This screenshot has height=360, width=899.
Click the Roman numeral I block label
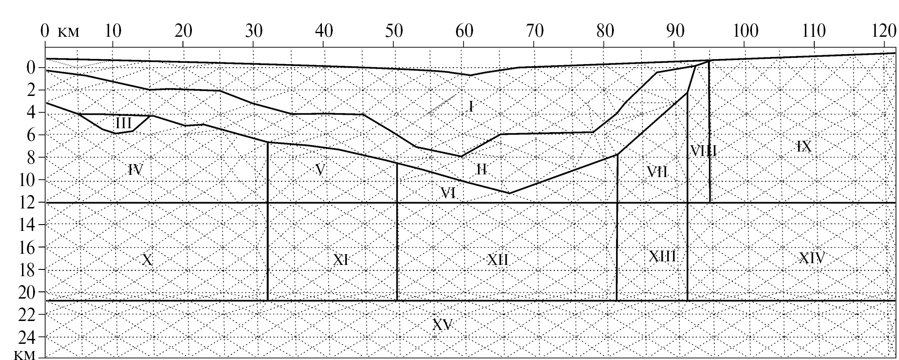471,106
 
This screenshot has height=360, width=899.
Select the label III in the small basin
124,123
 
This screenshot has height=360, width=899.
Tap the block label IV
135,169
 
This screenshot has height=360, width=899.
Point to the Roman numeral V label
320,169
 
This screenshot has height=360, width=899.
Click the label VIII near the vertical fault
703,151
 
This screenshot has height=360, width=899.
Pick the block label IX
804,146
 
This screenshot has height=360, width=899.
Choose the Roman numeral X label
148,259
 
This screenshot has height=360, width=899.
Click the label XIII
663,256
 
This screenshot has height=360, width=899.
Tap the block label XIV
812,258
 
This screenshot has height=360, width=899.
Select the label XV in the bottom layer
443,325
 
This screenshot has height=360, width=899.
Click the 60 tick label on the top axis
465,31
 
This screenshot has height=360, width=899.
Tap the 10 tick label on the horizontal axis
113,31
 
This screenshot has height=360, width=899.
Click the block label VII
657,171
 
